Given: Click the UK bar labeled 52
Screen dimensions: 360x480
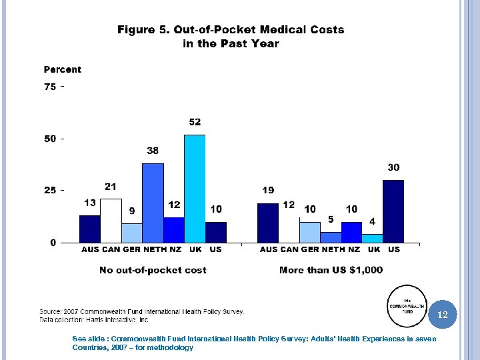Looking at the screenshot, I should tap(195, 188).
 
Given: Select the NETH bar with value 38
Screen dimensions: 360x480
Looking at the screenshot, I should tap(153, 203).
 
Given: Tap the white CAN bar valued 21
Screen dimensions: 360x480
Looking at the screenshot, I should tap(111, 220).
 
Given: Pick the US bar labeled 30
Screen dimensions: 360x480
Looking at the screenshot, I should tap(393, 211).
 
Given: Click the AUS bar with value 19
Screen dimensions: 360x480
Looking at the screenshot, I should tap(267, 223).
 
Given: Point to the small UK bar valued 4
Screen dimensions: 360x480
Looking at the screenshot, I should tap(372, 238).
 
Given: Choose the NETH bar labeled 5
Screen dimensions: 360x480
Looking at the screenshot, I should tap(331, 237).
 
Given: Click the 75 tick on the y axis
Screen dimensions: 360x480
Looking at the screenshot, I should tap(50, 87).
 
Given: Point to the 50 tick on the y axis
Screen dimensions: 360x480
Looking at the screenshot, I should tap(50, 139).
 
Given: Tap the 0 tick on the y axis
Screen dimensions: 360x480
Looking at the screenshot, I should tap(53, 243).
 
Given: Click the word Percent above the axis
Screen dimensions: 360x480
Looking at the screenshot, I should tap(63, 69).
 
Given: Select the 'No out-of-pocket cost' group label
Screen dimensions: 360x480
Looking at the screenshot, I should tap(153, 270).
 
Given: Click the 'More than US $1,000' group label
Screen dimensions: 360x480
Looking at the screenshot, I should tap(331, 270).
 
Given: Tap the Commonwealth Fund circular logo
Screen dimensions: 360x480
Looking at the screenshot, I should tap(407, 306).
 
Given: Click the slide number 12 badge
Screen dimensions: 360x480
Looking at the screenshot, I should tap(443, 314).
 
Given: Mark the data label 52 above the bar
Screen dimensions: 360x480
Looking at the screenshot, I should tap(195, 122).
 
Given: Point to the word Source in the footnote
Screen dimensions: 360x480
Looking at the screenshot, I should tap(51, 311).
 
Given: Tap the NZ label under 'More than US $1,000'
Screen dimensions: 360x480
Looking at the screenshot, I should tap(353, 249).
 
